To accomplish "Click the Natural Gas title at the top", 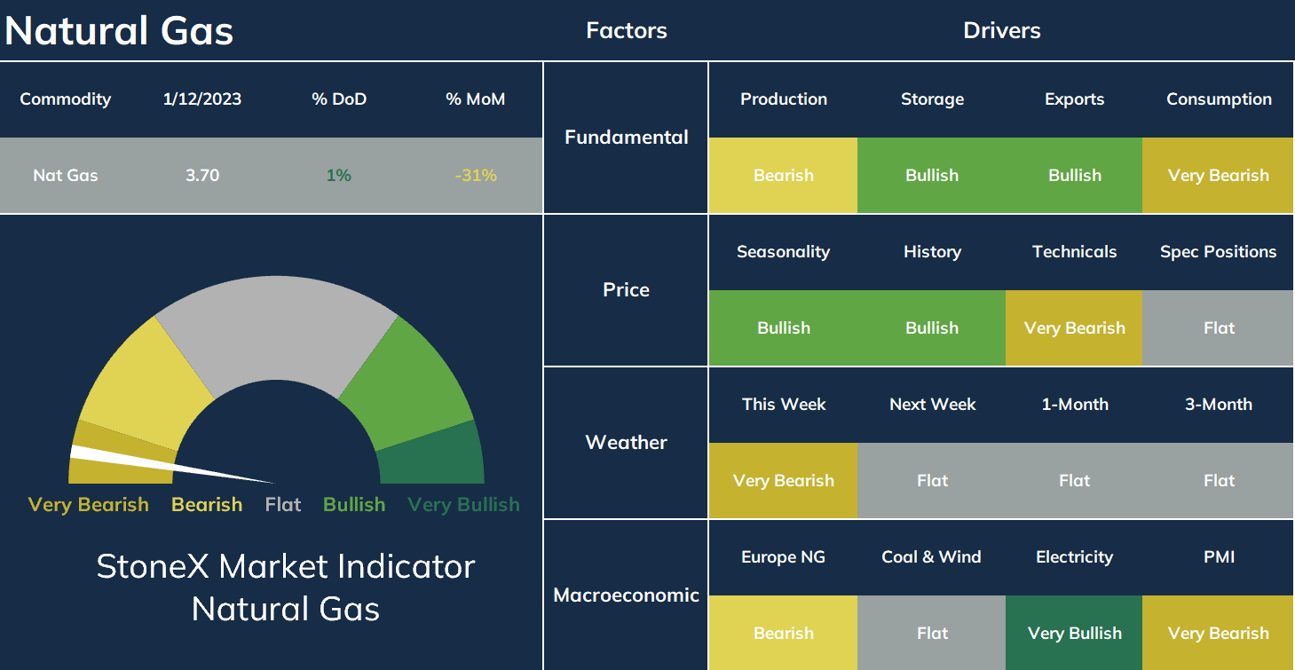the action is pos(119,31).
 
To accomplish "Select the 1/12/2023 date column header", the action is pos(202,99).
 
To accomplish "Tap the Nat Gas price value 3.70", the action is pos(202,175).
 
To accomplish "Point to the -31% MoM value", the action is pos(476,175).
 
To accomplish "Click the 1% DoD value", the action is pos(339,175).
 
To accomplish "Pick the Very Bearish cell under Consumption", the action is pos(1218,175).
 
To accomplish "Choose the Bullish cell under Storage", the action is pos(932,175).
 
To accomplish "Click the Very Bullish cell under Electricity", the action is pos(1074,633).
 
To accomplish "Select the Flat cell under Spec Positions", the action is pos(1218,327).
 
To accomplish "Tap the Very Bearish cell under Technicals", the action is pos(1074,327).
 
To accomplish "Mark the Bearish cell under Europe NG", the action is pos(784,633).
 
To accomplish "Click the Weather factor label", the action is pos(626,442).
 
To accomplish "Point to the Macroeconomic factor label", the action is pos(626,595).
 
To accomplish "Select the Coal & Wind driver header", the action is pos(931,556).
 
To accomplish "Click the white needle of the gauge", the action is pos(168,464).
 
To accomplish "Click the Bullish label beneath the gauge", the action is pos(354,505).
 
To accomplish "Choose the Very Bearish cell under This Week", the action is pos(784,480).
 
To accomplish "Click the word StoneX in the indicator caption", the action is pos(153,566).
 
